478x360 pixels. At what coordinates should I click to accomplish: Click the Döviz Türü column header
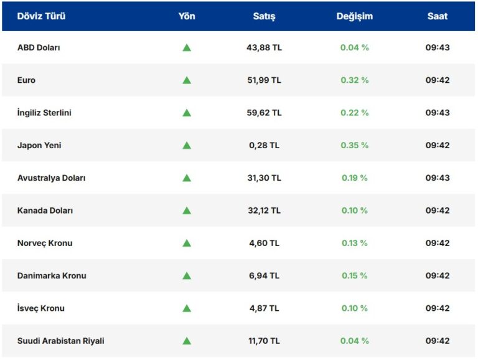click(41, 16)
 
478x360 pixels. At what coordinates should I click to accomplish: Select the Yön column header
click(186, 16)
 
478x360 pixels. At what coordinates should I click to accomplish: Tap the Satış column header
click(264, 16)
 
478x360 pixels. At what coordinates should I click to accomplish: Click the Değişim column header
click(354, 16)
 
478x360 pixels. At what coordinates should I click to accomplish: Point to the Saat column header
click(437, 16)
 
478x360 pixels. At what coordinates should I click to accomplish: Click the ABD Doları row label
click(39, 47)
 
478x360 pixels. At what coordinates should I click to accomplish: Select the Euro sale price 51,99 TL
click(264, 80)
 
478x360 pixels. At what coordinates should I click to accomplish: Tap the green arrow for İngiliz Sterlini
click(186, 113)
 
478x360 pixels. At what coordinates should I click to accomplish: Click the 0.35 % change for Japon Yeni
click(354, 145)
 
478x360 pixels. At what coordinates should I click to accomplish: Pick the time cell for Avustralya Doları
click(437, 178)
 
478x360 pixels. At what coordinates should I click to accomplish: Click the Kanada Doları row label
click(45, 211)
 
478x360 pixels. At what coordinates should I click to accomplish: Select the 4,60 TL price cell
click(264, 243)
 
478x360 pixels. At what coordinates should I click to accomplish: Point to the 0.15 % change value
click(354, 276)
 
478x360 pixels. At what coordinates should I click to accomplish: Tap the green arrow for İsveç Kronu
click(186, 308)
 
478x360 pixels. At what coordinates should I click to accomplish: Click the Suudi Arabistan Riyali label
click(61, 341)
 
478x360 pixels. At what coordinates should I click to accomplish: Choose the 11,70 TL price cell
click(264, 341)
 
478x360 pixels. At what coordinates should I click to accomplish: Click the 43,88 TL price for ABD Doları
click(264, 47)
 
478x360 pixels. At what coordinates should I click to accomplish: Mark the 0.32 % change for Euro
click(354, 80)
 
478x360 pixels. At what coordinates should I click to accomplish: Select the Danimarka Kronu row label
click(52, 276)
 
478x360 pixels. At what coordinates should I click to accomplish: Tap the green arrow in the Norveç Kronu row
click(186, 243)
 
